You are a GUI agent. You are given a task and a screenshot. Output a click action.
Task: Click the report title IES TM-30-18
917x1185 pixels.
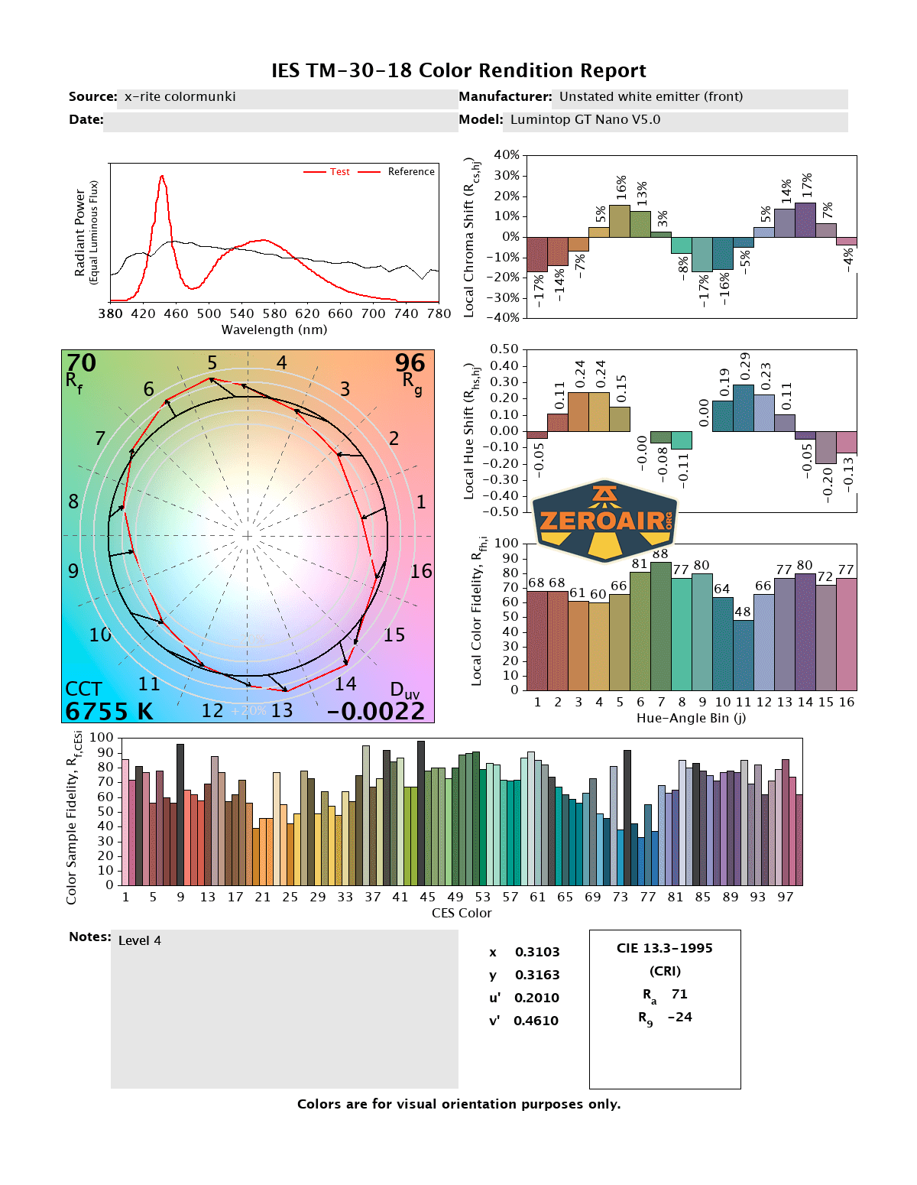click(458, 71)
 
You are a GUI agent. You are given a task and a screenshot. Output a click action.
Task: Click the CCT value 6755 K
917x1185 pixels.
click(109, 712)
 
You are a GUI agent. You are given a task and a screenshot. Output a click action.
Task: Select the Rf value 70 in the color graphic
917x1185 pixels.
click(81, 362)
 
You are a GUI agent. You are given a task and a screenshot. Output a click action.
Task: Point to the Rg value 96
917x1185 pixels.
click(410, 362)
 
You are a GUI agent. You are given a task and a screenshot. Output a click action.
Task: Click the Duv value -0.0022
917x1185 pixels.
click(376, 712)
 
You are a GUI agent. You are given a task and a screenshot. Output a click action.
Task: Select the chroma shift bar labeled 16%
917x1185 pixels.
click(620, 221)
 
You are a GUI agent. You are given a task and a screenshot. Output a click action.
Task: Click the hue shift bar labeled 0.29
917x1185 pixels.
click(744, 407)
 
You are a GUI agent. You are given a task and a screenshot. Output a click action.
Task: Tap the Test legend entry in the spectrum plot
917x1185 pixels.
click(339, 172)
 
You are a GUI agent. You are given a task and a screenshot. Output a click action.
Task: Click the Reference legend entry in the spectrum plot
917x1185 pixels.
click(410, 172)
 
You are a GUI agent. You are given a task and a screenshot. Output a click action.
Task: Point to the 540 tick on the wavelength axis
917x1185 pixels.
click(241, 313)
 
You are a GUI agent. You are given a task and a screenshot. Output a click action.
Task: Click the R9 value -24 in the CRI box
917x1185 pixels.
click(679, 1018)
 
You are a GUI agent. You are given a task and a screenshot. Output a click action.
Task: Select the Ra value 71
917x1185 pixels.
click(679, 995)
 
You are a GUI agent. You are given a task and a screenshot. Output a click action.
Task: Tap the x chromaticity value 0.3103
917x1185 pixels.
click(537, 953)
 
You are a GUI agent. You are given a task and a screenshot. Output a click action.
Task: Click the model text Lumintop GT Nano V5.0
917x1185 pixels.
click(585, 120)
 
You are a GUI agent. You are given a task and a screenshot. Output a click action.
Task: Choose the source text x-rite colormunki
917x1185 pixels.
click(180, 97)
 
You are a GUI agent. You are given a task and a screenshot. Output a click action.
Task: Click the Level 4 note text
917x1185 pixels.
click(140, 941)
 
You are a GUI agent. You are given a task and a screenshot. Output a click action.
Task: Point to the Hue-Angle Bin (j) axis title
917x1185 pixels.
click(691, 719)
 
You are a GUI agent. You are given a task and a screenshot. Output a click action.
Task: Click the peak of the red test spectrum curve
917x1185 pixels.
click(162, 177)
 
